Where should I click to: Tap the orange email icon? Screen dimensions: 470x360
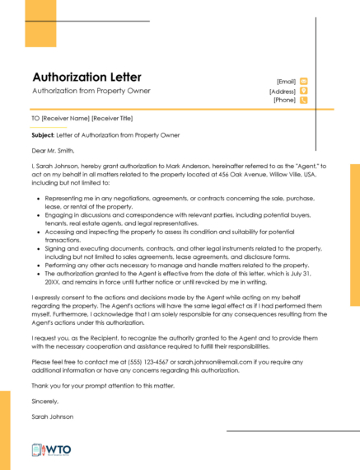pos(304,81)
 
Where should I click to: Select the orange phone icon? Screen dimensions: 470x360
pos(304,100)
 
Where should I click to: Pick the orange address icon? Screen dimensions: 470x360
pos(304,91)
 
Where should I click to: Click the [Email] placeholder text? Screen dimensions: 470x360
pos(286,82)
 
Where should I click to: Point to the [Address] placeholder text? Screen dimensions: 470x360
pos(282,91)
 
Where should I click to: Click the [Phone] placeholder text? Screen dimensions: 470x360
pos(284,100)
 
